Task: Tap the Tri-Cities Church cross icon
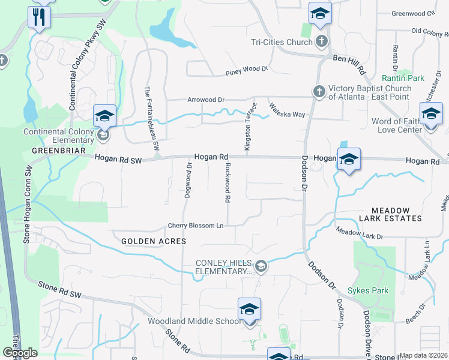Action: click(x=322, y=41)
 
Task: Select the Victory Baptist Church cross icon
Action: click(x=318, y=92)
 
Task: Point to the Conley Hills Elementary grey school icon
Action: click(x=261, y=266)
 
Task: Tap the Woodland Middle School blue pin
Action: click(x=249, y=310)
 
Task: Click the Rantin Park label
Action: click(x=403, y=78)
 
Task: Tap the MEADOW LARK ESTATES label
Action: click(x=390, y=216)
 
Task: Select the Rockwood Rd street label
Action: click(x=228, y=183)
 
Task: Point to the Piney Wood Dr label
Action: click(x=246, y=69)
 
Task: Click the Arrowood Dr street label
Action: click(x=205, y=100)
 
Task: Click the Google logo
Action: click(x=20, y=353)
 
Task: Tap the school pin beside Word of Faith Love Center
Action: click(x=431, y=115)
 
